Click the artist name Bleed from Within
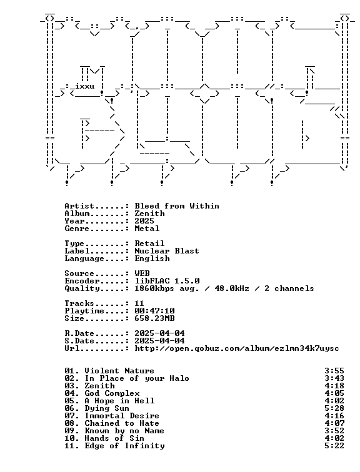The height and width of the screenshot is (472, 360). point(177,206)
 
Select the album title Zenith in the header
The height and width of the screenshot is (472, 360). point(150,214)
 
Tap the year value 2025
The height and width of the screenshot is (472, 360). point(144,221)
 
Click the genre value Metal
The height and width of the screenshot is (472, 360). point(147,229)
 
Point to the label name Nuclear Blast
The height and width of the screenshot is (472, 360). point(167,251)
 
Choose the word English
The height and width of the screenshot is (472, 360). point(152,258)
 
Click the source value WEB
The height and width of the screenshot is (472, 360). point(142,273)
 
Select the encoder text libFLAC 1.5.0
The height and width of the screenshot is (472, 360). point(167,281)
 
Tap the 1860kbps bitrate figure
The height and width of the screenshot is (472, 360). point(154,288)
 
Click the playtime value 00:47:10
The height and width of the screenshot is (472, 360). point(154,311)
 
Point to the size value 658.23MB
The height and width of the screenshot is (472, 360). point(154,318)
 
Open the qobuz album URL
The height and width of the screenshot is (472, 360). point(237,348)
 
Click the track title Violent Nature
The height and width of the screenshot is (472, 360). point(119,371)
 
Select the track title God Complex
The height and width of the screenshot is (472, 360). point(112,393)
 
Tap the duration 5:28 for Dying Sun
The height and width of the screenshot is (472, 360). point(334,408)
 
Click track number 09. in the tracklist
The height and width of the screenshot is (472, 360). point(72,431)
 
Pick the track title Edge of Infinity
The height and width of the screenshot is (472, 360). point(125,446)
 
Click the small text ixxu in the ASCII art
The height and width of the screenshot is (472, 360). point(85,86)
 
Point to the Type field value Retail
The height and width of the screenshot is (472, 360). point(149,243)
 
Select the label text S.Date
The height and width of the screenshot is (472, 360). point(79,341)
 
